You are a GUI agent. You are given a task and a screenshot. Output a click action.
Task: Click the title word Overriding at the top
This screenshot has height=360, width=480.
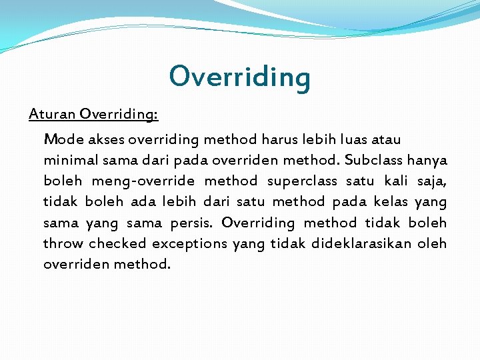pyautogui.click(x=239, y=77)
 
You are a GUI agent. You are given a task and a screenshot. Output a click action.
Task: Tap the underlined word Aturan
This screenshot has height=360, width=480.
pyautogui.click(x=52, y=114)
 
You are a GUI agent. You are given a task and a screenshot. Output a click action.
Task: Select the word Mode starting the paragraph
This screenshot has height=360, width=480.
pyautogui.click(x=63, y=140)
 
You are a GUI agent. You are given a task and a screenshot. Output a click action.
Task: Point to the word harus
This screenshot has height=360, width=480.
pyautogui.click(x=281, y=140)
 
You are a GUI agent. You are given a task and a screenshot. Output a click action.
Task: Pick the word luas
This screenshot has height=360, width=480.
pyautogui.click(x=355, y=140)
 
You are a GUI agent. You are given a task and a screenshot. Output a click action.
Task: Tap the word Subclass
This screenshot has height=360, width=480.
pyautogui.click(x=374, y=161)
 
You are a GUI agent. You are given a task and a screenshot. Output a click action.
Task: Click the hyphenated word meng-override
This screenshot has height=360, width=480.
pyautogui.click(x=143, y=181)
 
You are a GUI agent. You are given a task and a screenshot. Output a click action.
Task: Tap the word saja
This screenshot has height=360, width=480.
pyautogui.click(x=432, y=181)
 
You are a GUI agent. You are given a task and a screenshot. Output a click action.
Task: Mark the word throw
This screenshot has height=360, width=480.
pyautogui.click(x=63, y=243)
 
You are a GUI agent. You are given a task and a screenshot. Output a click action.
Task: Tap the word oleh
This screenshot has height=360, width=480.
pyautogui.click(x=432, y=243)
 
